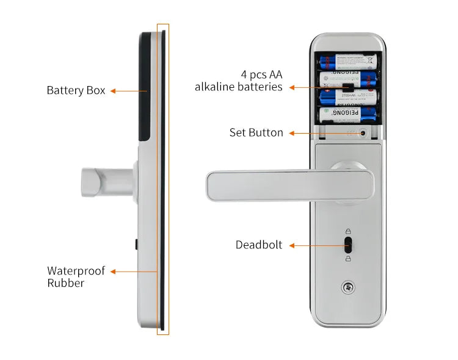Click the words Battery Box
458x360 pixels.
(76, 90)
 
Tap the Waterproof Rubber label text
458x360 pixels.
(76, 276)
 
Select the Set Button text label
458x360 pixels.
(256, 132)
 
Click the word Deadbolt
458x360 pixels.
(259, 245)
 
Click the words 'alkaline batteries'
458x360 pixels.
(238, 87)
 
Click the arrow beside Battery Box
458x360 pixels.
(129, 91)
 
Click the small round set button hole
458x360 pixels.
(363, 133)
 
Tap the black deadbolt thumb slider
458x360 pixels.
(348, 245)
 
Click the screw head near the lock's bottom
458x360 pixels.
(348, 287)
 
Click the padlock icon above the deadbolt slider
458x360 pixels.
(348, 231)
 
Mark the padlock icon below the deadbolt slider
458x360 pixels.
(348, 259)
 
